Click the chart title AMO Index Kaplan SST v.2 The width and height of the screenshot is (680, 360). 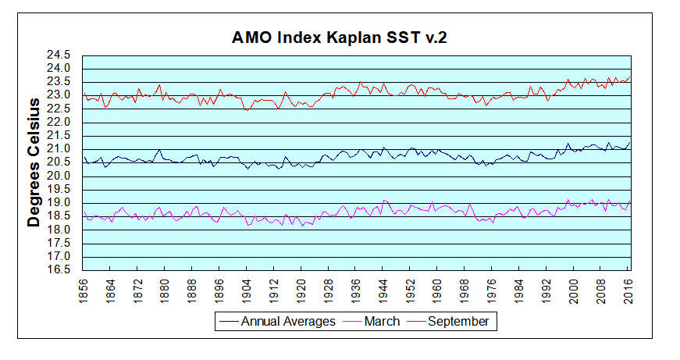pos(340,37)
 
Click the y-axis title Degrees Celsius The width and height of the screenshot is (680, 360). pos(34,162)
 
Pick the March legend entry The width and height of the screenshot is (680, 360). pos(381,321)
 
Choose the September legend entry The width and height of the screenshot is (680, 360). pos(457,321)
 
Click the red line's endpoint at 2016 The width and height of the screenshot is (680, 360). pos(630,77)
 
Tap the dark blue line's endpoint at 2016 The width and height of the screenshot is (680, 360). pos(630,142)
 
